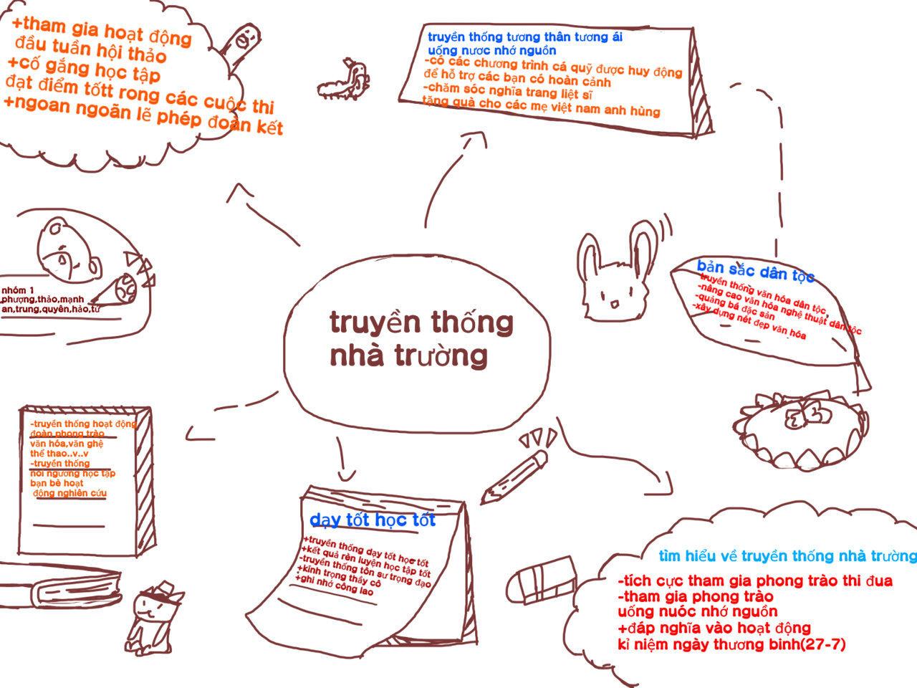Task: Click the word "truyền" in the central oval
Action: click(x=375, y=323)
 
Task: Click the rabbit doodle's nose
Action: click(x=614, y=300)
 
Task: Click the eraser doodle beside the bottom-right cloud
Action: click(x=541, y=579)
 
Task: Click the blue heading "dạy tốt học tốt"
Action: click(x=372, y=520)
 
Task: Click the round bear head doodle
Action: click(x=67, y=249)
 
